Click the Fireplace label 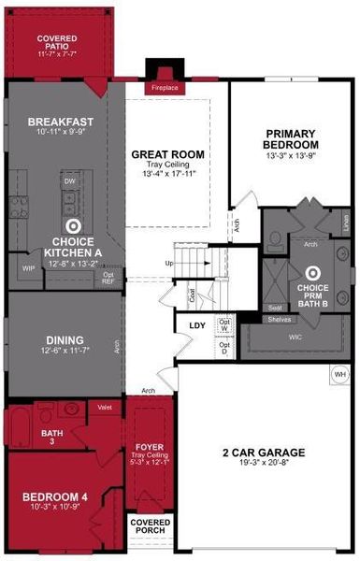coord(165,88)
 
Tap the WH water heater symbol coord(340,375)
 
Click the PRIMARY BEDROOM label coord(292,139)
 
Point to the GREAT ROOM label coord(168,154)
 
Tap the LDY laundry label coord(197,325)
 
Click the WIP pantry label coord(28,268)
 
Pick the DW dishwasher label coord(69,180)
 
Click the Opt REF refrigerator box coord(108,276)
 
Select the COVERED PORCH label coord(149,525)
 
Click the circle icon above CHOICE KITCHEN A coord(73,225)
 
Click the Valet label coord(105,407)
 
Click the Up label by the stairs coord(169,264)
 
